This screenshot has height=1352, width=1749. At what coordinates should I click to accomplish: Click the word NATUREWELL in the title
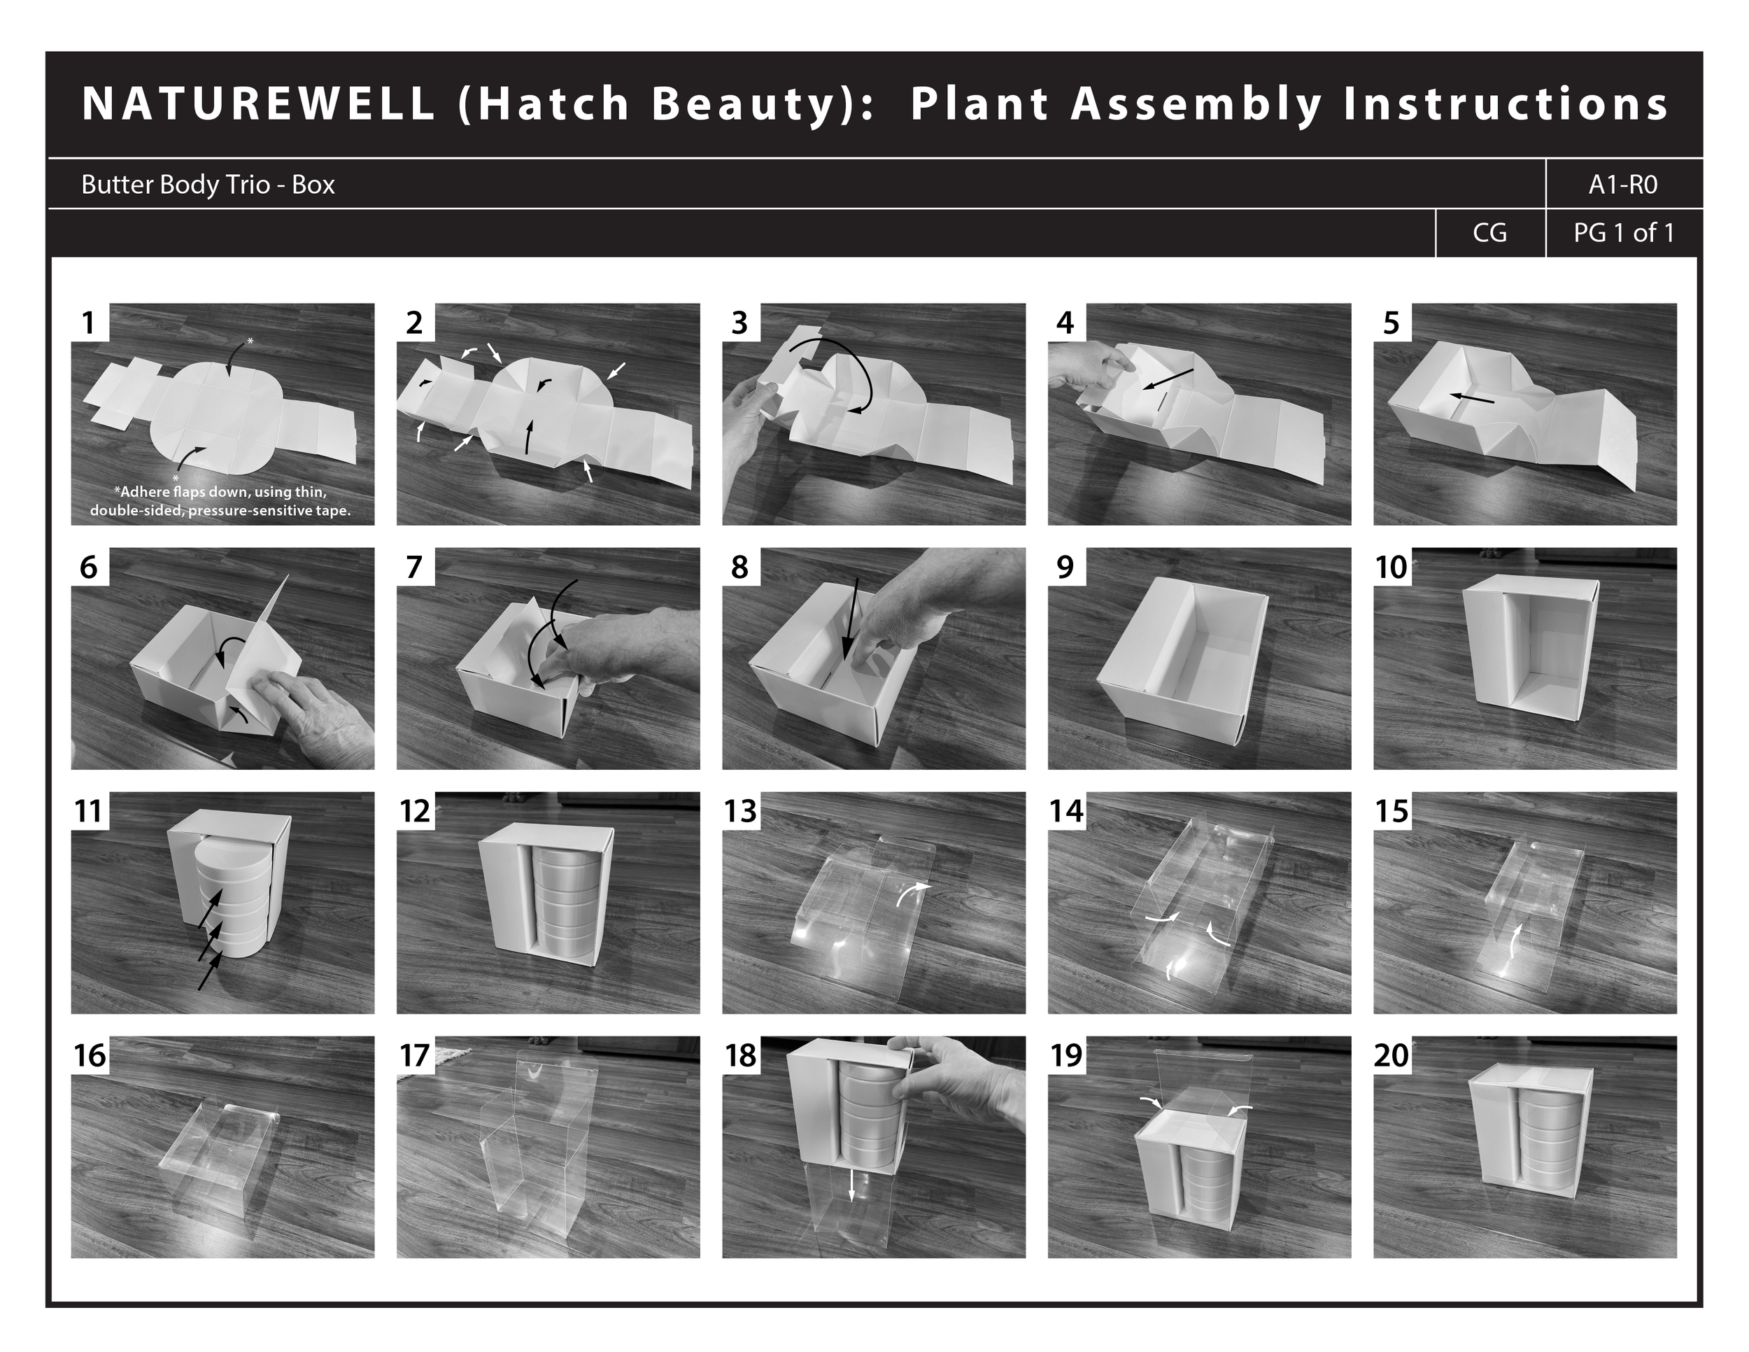259,104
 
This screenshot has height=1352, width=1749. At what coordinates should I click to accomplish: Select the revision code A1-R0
1622,185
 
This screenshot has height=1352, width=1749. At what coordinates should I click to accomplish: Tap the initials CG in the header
1489,233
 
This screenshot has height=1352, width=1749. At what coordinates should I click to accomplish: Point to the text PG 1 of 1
1623,233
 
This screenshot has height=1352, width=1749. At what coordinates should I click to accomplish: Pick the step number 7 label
414,567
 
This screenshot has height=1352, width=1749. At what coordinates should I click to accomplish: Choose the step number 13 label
740,811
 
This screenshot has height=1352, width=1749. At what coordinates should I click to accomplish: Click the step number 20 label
1391,1056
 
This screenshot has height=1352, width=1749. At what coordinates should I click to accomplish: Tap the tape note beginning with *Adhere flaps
220,501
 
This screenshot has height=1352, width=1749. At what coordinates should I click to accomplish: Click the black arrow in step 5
1471,397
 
